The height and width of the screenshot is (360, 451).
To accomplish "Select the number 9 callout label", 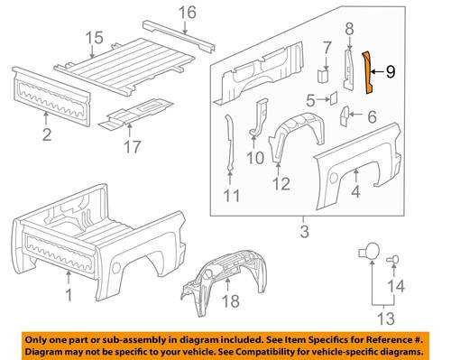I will (x=390, y=70).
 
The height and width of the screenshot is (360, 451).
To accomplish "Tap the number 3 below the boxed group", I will (x=304, y=235).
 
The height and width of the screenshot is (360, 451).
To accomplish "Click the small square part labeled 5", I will (x=331, y=95).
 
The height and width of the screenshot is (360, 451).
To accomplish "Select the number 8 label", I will (x=349, y=30).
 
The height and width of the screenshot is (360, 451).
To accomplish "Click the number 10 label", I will (x=254, y=157).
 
